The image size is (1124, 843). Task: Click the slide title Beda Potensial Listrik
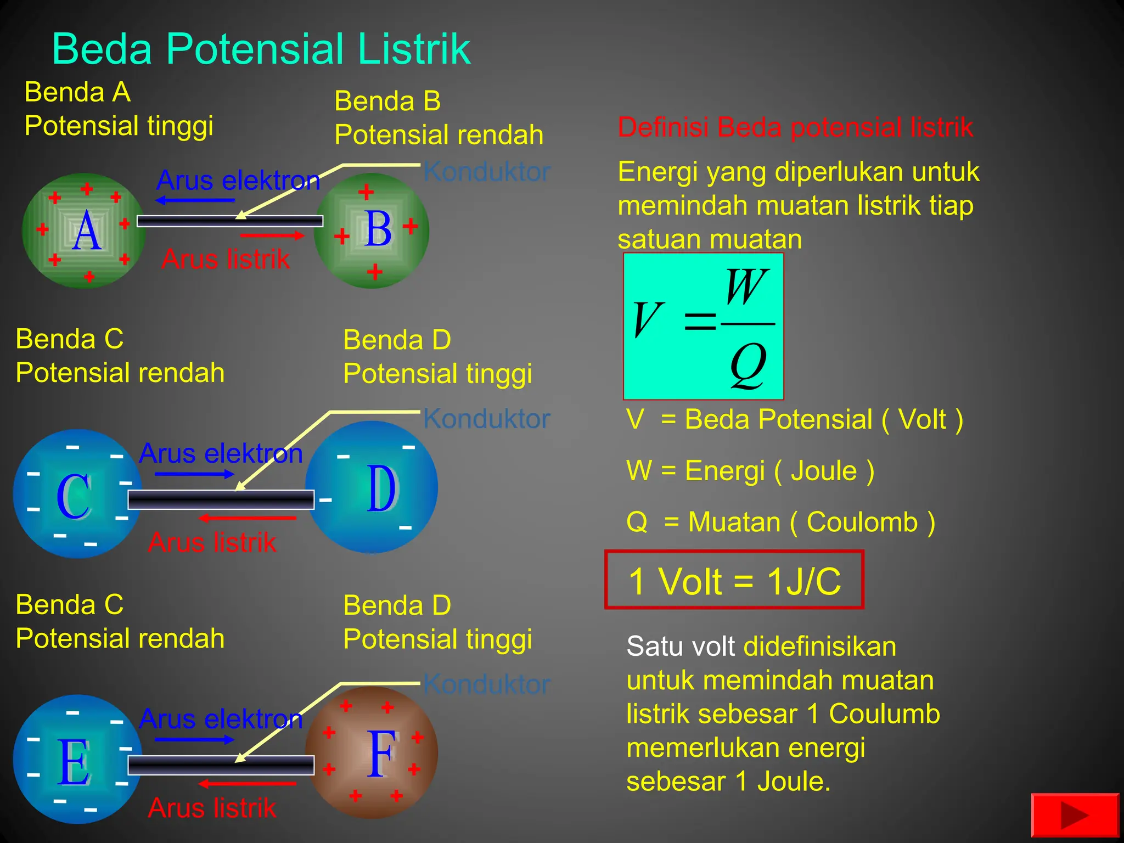pyautogui.click(x=261, y=49)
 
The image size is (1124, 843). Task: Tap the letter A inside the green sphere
pyautogui.click(x=87, y=231)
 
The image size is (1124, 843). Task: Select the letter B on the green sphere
pyautogui.click(x=378, y=229)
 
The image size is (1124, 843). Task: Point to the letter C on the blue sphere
pyautogui.click(x=74, y=496)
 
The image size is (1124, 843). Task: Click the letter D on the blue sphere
pyautogui.click(x=381, y=488)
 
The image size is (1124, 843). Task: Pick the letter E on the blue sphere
pyautogui.click(x=74, y=762)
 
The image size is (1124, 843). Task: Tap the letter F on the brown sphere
pyautogui.click(x=381, y=755)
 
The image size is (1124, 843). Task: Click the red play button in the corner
pyautogui.click(x=1075, y=815)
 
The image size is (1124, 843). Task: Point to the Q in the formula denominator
pyautogui.click(x=748, y=364)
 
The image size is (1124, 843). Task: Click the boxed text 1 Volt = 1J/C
pyautogui.click(x=734, y=581)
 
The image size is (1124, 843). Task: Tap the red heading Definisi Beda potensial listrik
pyautogui.click(x=795, y=127)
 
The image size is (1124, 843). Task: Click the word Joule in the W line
pyautogui.click(x=824, y=471)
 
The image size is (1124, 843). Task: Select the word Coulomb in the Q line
pyautogui.click(x=862, y=522)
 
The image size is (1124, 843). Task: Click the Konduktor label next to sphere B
pyautogui.click(x=487, y=172)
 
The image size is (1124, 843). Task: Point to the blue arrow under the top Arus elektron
pyautogui.click(x=195, y=200)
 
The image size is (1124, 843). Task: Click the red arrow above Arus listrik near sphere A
pyautogui.click(x=272, y=235)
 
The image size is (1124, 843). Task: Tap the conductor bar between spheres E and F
pyautogui.click(x=221, y=765)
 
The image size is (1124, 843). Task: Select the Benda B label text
pyautogui.click(x=387, y=102)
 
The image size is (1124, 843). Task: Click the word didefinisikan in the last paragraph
pyautogui.click(x=820, y=647)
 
